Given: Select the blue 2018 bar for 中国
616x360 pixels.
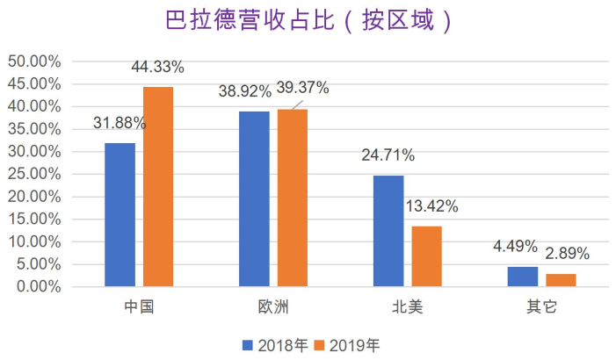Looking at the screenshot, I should tap(120, 214).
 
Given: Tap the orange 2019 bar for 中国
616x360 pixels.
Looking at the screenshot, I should tap(158, 186).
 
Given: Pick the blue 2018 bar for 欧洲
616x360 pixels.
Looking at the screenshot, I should tap(254, 198).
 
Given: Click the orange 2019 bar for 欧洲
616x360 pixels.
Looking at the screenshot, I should tap(293, 198).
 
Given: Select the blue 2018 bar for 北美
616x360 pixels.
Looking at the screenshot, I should tap(388, 231).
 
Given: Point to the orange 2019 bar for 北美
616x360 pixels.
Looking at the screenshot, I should tap(427, 256).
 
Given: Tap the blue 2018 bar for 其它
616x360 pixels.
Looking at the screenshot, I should tap(523, 277).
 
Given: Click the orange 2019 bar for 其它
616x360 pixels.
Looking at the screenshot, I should tap(561, 280).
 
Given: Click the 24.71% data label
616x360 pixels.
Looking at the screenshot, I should tap(388, 156).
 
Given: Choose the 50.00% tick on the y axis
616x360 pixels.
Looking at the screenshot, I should tap(34, 61).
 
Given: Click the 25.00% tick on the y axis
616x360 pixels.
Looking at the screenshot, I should tap(34, 174).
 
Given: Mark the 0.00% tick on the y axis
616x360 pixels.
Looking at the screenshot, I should tap(38, 287).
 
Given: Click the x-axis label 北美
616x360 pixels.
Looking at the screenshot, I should tap(408, 307).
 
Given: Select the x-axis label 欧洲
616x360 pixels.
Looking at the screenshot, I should tap(272, 307).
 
